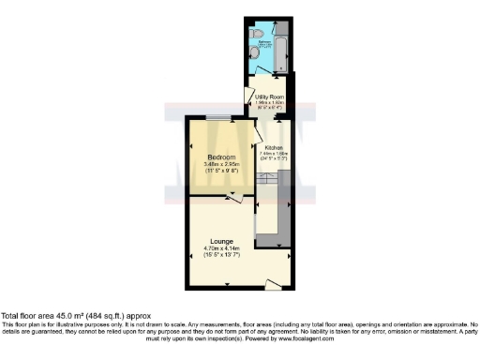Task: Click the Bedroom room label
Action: [221, 156]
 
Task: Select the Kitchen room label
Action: [274, 148]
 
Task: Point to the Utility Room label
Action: [270, 96]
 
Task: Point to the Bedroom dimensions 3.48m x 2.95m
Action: [221, 164]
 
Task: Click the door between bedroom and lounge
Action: [234, 198]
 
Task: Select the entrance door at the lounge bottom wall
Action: [273, 283]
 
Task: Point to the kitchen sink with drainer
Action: [266, 191]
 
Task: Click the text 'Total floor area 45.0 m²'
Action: [55, 316]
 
